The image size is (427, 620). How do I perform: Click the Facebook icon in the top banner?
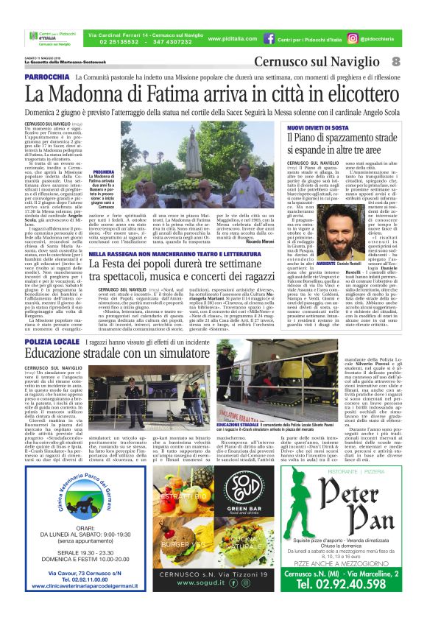pyautogui.click(x=270, y=38)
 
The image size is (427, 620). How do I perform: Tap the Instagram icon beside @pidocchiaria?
pyautogui.click(x=353, y=38)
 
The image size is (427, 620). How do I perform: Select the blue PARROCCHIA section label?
pyautogui.click(x=47, y=77)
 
